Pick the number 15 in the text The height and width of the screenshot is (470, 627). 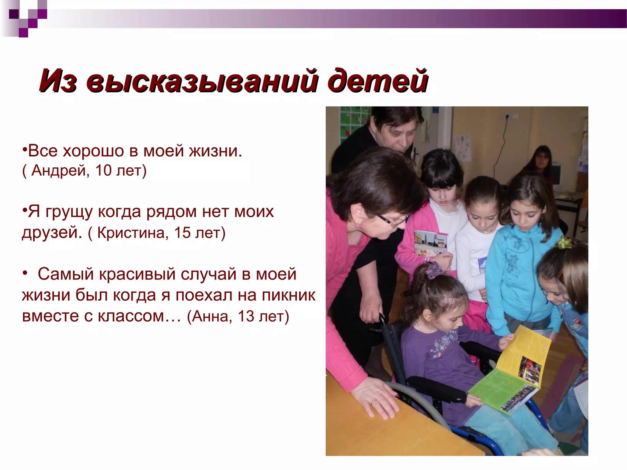tap(182, 233)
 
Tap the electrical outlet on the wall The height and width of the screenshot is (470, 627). tap(511, 117)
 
